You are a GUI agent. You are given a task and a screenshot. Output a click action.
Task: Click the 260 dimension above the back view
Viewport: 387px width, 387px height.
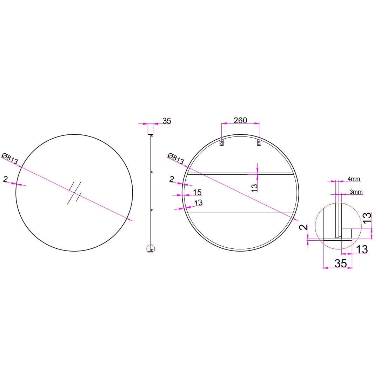(x=240, y=120)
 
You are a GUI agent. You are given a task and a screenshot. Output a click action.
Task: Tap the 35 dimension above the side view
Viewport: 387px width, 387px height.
(x=167, y=121)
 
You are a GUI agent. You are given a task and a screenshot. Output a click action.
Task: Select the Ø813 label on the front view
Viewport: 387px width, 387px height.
(x=10, y=159)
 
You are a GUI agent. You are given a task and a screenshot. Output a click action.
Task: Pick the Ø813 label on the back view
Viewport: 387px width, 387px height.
(x=176, y=159)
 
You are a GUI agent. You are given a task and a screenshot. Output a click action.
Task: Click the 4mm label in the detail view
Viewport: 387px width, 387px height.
(x=354, y=179)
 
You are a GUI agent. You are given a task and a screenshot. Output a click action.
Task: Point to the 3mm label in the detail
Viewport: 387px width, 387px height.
(x=356, y=192)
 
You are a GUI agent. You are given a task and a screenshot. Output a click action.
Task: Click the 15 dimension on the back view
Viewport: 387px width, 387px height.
(x=197, y=192)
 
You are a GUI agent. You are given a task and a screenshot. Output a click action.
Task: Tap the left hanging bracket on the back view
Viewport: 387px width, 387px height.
(x=222, y=142)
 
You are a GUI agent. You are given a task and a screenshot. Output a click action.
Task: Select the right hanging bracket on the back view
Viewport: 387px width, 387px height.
(x=259, y=142)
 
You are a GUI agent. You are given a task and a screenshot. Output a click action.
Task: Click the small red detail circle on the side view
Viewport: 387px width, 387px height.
(x=151, y=248)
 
